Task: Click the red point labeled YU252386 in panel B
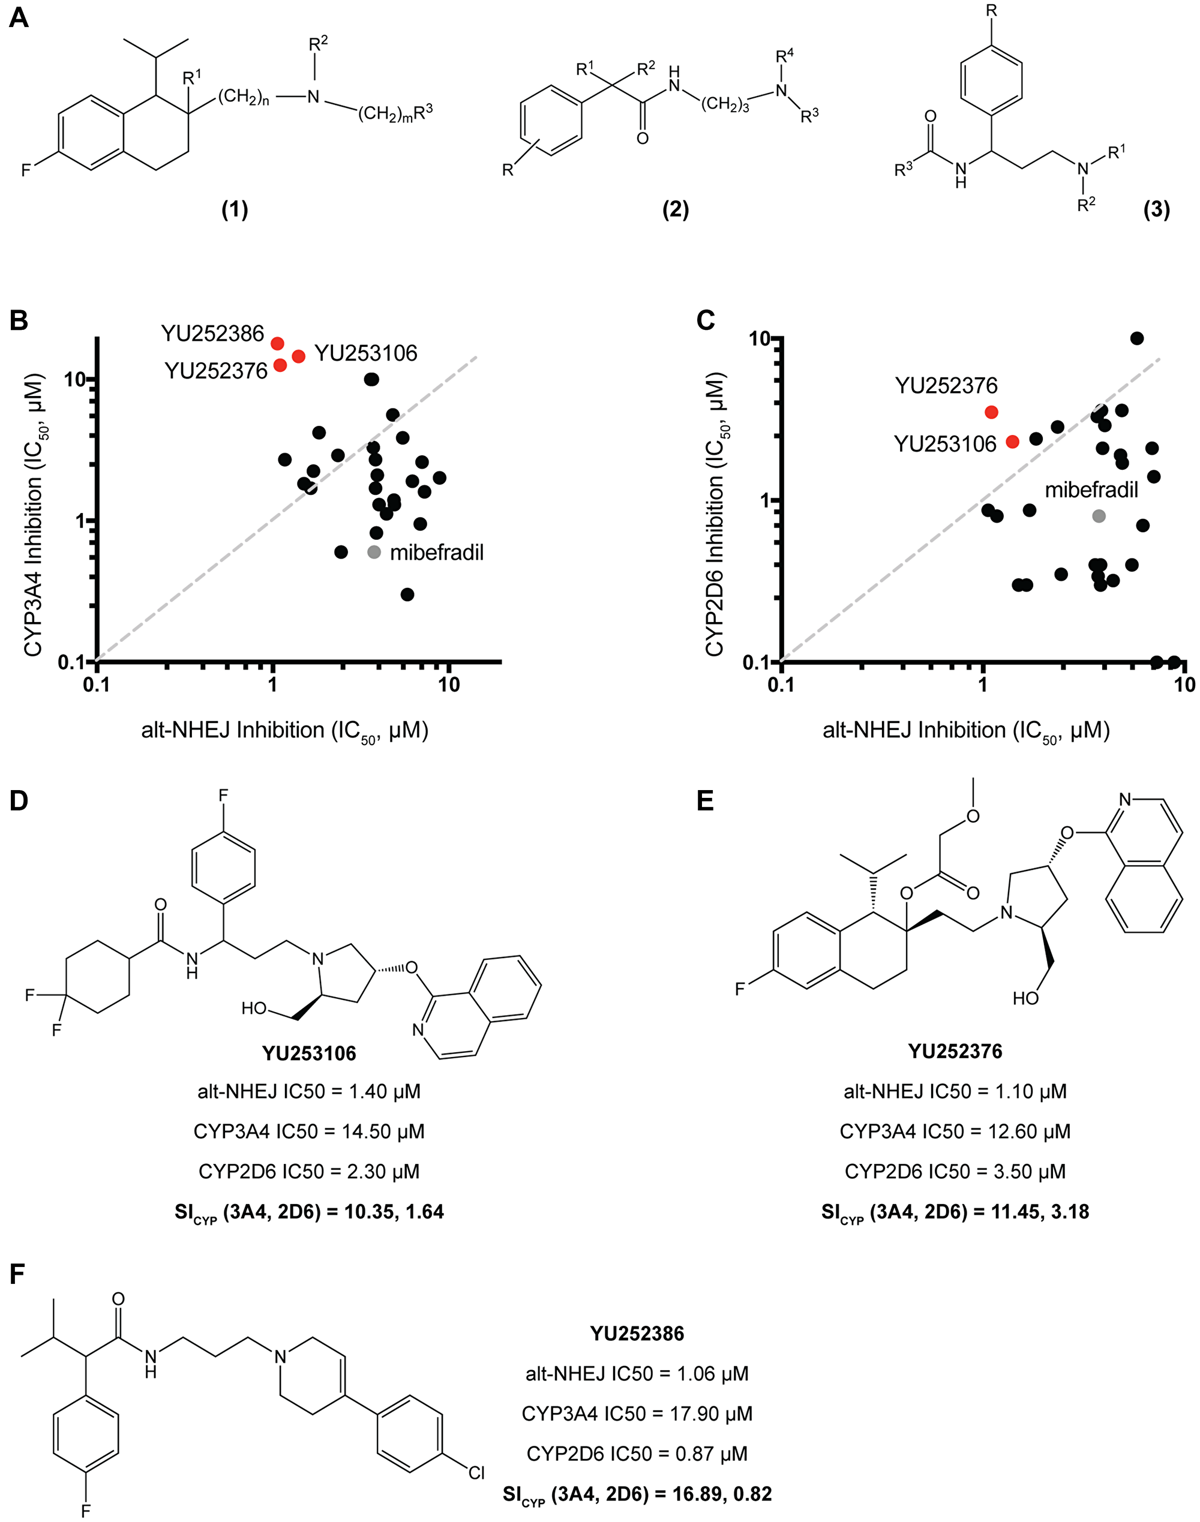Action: (x=278, y=343)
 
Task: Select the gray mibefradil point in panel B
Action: (x=374, y=552)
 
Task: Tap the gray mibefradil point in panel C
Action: (x=1099, y=516)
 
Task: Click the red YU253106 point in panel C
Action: (x=1012, y=442)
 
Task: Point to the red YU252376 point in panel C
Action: (x=991, y=412)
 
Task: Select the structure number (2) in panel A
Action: (x=675, y=209)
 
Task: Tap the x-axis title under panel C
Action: (x=965, y=731)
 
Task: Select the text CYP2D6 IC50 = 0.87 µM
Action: (x=637, y=1453)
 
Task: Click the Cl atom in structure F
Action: (x=476, y=1473)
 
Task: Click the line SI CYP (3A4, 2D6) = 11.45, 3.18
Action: (x=955, y=1212)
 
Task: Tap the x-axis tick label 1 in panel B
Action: (x=272, y=684)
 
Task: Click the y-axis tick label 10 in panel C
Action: (x=760, y=338)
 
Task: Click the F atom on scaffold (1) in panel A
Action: (x=25, y=170)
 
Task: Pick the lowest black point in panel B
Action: (x=407, y=594)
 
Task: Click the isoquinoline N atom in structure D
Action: (x=419, y=1029)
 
